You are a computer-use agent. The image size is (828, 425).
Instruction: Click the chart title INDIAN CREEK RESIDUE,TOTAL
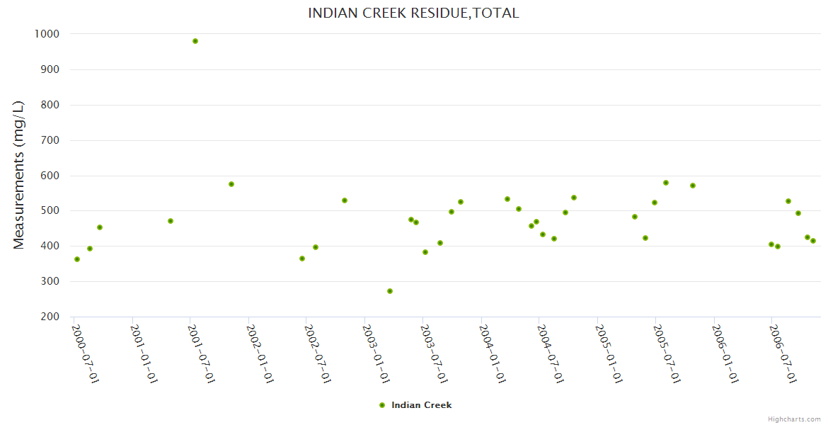(x=413, y=13)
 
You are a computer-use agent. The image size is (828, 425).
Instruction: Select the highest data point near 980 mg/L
(x=195, y=41)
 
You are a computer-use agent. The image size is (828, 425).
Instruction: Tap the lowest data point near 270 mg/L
(x=390, y=291)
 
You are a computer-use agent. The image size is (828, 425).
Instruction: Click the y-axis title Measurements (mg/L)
(x=19, y=175)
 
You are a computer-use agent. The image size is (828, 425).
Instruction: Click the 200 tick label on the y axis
(x=50, y=317)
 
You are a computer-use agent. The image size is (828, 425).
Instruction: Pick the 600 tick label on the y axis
(x=50, y=176)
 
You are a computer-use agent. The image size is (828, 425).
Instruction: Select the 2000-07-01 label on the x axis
(x=86, y=353)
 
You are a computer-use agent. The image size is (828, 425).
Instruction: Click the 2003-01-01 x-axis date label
(x=376, y=353)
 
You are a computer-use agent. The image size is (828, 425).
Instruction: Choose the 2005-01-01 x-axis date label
(x=609, y=353)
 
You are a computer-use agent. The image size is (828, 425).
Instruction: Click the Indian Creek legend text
(x=421, y=405)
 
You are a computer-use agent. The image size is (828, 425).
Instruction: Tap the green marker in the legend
(x=382, y=405)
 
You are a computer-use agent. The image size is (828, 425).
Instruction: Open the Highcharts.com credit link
(x=794, y=419)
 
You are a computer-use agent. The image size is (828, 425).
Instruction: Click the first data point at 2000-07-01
(x=77, y=259)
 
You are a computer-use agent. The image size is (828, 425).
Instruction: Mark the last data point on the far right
(x=813, y=241)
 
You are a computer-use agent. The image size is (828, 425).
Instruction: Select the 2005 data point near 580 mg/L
(x=666, y=183)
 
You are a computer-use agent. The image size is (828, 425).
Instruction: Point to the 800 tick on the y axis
(x=50, y=105)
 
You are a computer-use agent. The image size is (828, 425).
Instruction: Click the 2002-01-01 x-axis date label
(x=260, y=353)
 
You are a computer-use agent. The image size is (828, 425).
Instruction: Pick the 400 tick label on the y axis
(x=50, y=246)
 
